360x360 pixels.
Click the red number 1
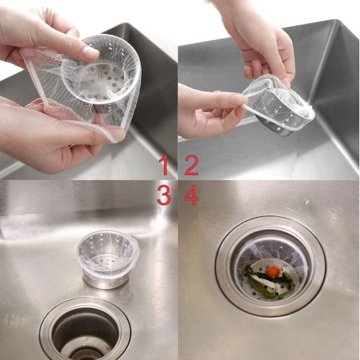point(164,165)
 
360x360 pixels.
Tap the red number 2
point(191,165)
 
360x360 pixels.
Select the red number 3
point(164,195)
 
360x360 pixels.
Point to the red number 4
point(191,195)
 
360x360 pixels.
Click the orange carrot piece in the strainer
point(272,271)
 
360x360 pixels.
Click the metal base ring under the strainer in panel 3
point(105,280)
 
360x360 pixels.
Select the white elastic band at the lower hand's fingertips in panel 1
point(110,136)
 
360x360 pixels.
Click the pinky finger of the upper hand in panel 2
point(251,69)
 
